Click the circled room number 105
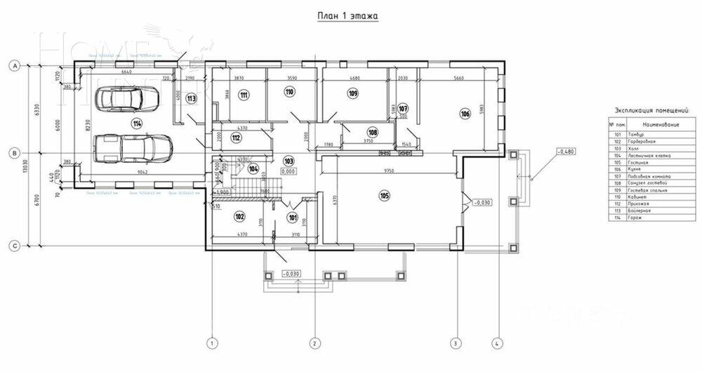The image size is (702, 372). tap(384, 195)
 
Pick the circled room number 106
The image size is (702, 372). tap(464, 114)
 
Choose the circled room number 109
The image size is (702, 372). tap(352, 93)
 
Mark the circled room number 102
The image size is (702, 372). tap(239, 217)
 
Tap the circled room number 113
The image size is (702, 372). tap(192, 99)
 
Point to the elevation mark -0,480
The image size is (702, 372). tap(566, 151)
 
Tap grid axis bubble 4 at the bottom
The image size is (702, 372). tap(497, 343)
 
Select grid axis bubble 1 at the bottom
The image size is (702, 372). tap(210, 343)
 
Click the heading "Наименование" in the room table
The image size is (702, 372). tap(649, 124)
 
